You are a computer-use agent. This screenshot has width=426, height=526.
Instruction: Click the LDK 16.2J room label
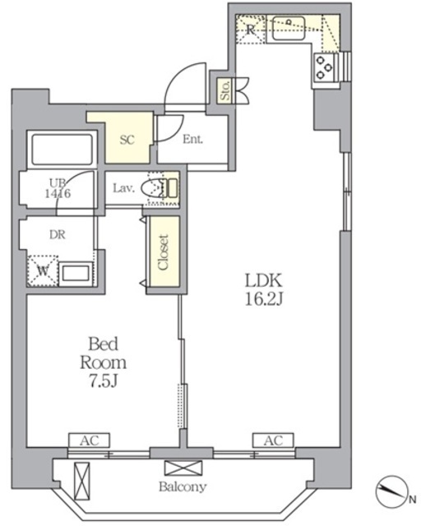click(264, 289)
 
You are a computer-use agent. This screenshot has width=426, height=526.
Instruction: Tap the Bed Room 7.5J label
click(104, 362)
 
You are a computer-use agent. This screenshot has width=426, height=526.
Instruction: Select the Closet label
click(163, 252)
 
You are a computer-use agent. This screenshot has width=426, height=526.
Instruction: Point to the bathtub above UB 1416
click(63, 150)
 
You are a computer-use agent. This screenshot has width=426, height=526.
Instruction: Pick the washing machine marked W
click(42, 271)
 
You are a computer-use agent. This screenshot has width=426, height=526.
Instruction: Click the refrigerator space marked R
click(250, 29)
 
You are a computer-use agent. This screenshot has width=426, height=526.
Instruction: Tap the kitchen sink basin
click(289, 28)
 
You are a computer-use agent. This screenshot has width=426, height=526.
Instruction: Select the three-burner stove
click(324, 67)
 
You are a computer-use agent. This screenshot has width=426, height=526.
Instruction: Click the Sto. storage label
click(225, 90)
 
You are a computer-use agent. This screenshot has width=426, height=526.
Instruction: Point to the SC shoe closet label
click(127, 140)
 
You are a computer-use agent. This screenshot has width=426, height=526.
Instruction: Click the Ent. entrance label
click(192, 139)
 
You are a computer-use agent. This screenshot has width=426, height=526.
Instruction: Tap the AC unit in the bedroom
click(90, 441)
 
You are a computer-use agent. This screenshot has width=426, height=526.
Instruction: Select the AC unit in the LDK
click(273, 441)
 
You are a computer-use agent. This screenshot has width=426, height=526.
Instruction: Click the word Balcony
click(183, 487)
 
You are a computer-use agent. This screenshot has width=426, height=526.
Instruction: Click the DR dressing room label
click(58, 234)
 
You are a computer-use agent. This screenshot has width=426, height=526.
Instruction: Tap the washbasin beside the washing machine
click(76, 274)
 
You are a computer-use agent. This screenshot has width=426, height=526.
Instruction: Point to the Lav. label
click(124, 188)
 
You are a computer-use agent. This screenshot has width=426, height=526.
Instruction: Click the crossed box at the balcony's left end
click(81, 481)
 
